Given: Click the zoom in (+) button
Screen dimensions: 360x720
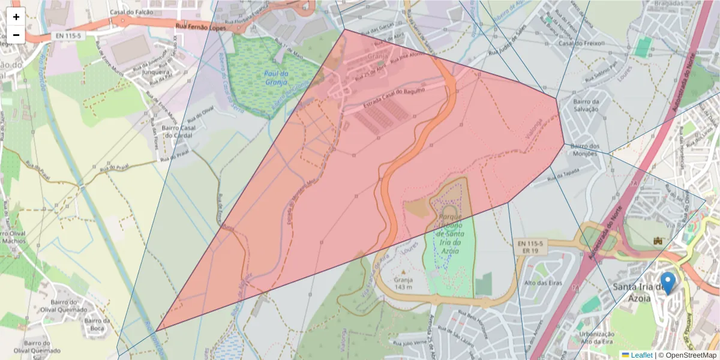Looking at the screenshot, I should click(16, 17).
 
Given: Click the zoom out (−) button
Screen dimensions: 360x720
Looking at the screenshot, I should click(16, 35).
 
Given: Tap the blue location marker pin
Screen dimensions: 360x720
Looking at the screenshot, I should click(667, 283).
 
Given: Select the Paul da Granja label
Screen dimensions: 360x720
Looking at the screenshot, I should click(276, 78).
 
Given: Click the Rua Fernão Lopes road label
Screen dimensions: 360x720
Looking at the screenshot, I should click(197, 27).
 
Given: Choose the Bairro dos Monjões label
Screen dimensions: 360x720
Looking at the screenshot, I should click(585, 150).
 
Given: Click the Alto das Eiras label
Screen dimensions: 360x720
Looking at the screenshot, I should click(538, 283).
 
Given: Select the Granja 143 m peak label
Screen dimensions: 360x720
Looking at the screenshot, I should click(395, 283).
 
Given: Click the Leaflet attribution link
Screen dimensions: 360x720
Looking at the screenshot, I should click(641, 355).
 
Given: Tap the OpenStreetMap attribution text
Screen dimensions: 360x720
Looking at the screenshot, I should click(690, 355).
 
